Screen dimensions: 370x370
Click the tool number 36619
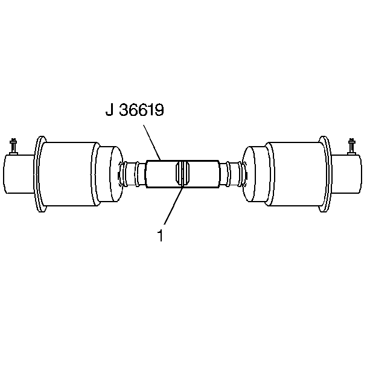141,111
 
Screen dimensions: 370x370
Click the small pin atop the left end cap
13,145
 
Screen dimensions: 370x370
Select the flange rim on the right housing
325,175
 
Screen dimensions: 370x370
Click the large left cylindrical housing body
69,175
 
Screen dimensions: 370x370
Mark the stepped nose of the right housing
254,174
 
